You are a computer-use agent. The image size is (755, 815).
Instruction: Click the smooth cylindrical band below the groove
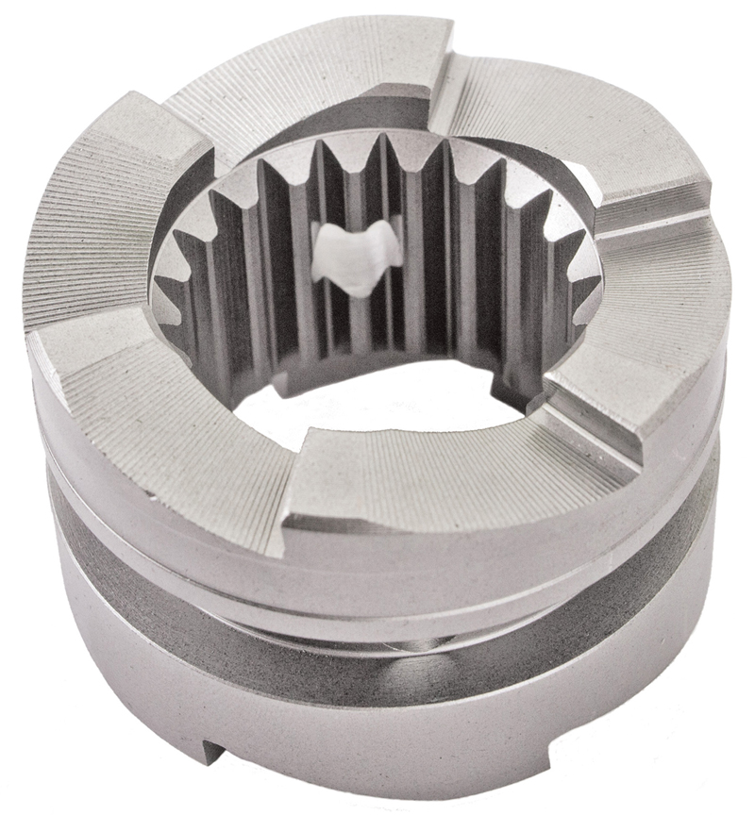coord(377,736)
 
